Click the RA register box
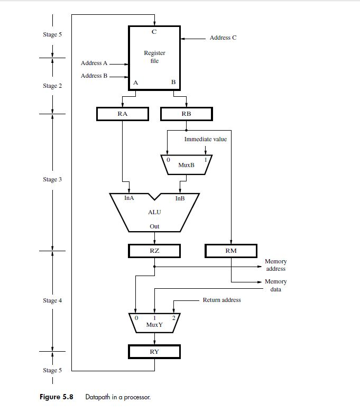click(x=123, y=114)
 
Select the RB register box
click(x=186, y=114)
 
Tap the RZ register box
click(x=154, y=251)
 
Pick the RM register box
click(x=231, y=251)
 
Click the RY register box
click(x=154, y=351)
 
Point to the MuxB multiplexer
click(x=186, y=164)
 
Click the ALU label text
click(x=154, y=212)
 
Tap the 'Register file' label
click(x=154, y=57)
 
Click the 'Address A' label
click(x=94, y=63)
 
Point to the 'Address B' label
click(x=94, y=76)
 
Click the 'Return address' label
click(x=221, y=300)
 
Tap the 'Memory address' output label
click(x=275, y=265)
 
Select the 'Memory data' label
click(x=275, y=285)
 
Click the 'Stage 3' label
click(x=52, y=180)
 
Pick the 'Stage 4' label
click(x=52, y=300)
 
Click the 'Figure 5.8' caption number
click(x=56, y=397)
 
